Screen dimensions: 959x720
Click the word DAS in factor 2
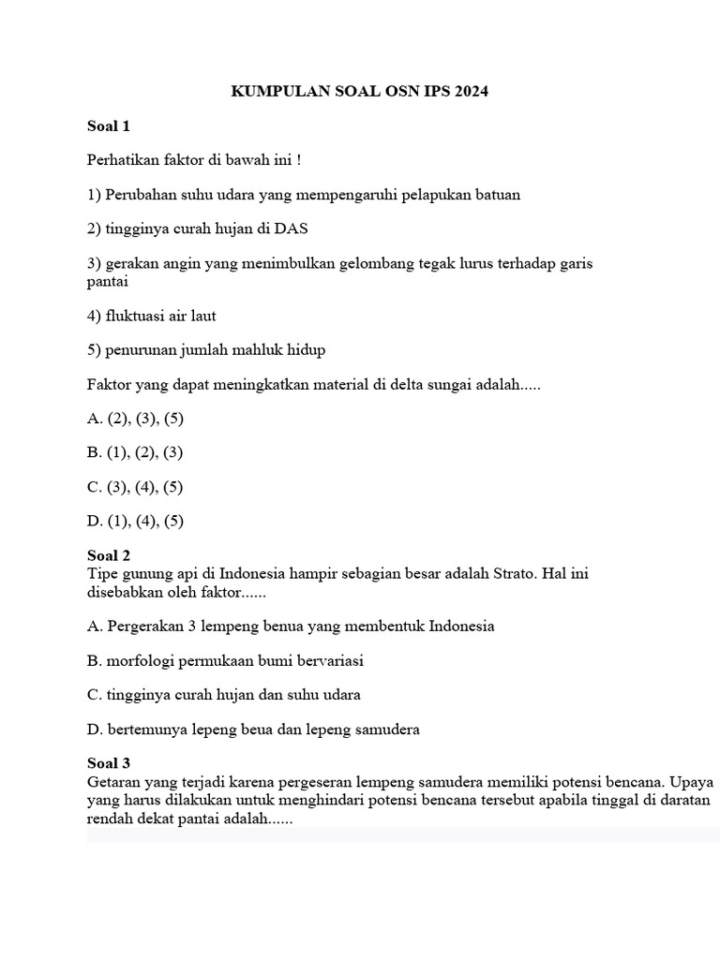coord(292,229)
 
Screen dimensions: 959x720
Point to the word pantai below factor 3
coord(107,280)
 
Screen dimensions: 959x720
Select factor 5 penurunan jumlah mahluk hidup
coord(205,349)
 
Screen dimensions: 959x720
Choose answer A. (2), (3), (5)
coord(135,419)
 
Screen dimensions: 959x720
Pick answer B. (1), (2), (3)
coord(135,452)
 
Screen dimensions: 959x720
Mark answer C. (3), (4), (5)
coord(135,487)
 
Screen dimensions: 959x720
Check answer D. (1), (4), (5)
coord(135,522)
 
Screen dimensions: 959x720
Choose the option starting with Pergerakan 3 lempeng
coord(290,626)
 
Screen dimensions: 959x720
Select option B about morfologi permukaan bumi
coord(224,660)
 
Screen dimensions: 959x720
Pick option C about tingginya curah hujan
coord(223,695)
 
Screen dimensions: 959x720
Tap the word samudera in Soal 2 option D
coord(385,730)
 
